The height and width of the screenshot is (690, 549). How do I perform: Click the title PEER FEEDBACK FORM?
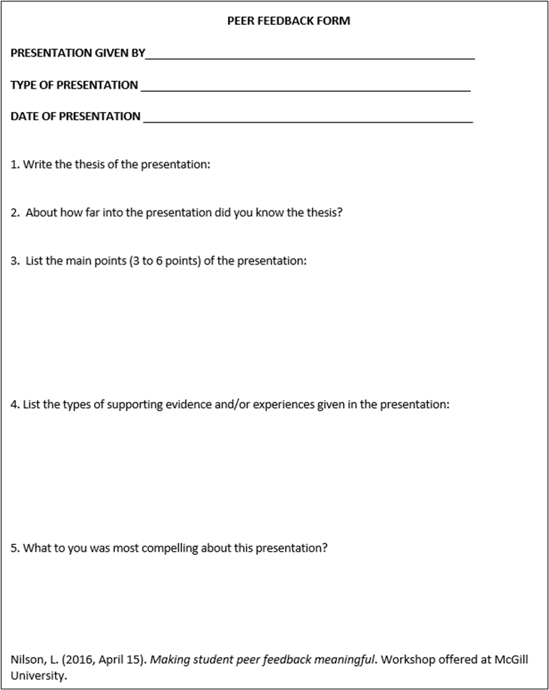click(289, 21)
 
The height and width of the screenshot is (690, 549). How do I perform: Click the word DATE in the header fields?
click(24, 117)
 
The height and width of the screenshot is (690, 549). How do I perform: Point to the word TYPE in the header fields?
click(23, 85)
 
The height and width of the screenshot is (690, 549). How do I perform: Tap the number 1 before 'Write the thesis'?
click(14, 165)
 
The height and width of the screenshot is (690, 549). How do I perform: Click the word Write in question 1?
click(38, 165)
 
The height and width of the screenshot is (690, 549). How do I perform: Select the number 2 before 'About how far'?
click(14, 213)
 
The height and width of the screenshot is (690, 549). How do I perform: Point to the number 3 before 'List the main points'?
click(14, 261)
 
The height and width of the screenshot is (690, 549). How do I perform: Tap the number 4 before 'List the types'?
click(14, 404)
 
